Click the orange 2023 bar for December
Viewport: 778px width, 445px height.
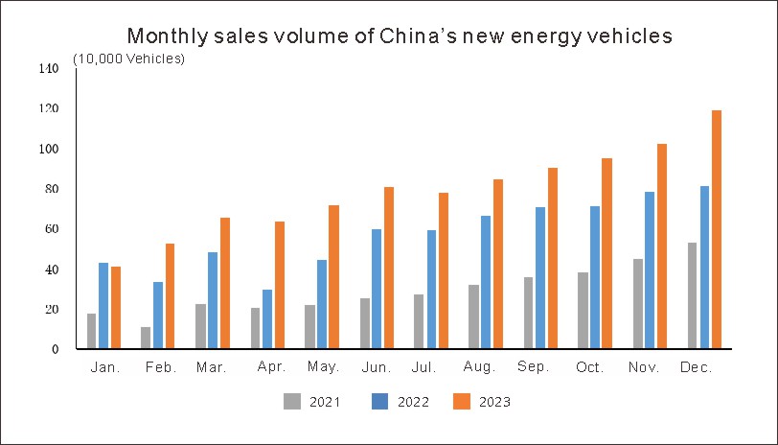pos(717,229)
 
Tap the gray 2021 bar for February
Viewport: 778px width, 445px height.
pos(146,338)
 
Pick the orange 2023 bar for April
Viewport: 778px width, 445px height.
pos(280,285)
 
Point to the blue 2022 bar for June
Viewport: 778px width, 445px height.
pos(377,289)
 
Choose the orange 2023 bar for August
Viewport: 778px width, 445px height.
pos(498,264)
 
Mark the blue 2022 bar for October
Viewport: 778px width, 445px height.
pos(595,277)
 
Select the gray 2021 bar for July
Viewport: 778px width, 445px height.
pos(419,321)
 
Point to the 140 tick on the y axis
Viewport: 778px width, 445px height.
pos(49,69)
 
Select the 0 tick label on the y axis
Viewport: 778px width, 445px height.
pos(56,349)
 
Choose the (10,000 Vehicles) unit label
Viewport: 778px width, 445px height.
pos(129,59)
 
